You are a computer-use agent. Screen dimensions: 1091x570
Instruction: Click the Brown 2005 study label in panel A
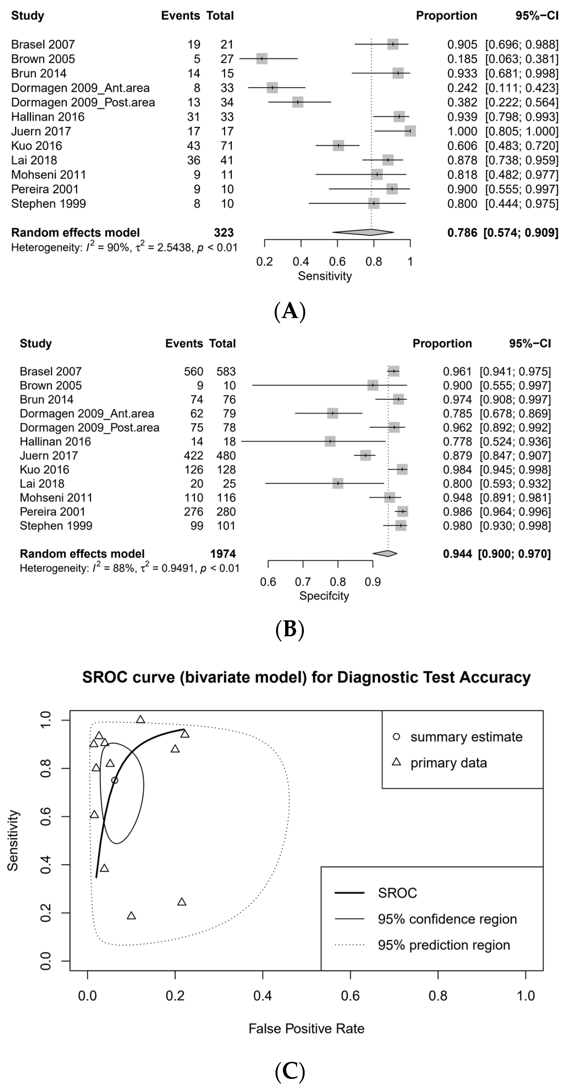[x=43, y=59]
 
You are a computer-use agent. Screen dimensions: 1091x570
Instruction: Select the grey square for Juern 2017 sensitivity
[x=410, y=131]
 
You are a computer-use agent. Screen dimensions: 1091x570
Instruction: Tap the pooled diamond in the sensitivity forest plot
[x=363, y=232]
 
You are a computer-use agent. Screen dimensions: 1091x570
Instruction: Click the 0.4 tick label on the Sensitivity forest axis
[x=301, y=261]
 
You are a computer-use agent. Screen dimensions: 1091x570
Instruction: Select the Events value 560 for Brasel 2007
[x=194, y=371]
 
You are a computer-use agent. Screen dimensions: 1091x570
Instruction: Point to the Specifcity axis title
[x=324, y=596]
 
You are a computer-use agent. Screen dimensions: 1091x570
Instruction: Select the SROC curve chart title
[x=306, y=677]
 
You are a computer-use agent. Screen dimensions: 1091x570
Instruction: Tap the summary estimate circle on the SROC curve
[x=114, y=780]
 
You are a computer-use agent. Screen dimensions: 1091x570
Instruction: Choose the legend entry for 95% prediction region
[x=444, y=945]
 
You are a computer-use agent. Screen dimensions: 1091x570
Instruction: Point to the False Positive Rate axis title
[x=306, y=1028]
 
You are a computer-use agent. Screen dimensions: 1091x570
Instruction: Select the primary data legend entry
[x=448, y=763]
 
